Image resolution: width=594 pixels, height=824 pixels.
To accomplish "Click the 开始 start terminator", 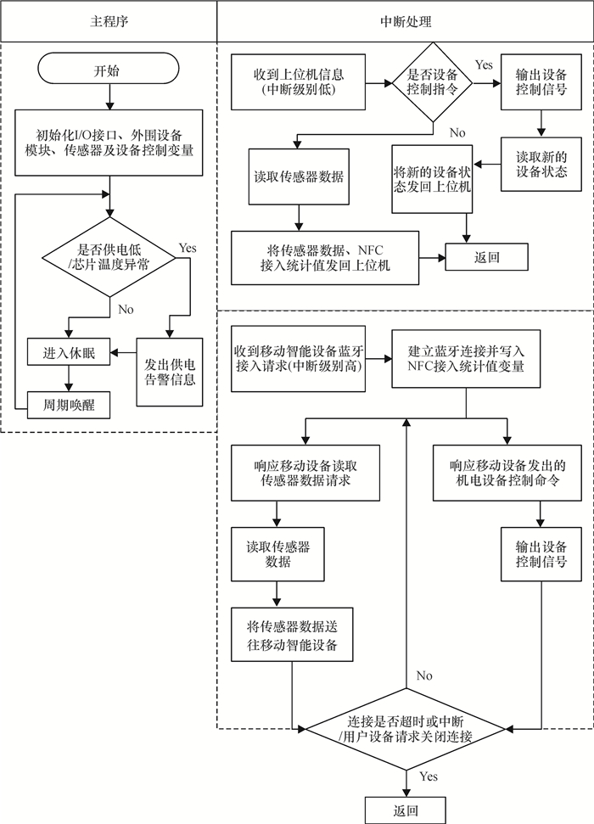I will [x=108, y=70].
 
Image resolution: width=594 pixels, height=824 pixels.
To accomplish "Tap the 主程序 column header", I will [x=108, y=20].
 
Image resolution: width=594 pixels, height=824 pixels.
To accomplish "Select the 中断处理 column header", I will [x=405, y=20].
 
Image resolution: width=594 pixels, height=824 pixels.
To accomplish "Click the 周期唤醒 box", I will [x=68, y=406].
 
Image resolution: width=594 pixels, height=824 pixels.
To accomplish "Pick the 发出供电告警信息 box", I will [x=170, y=370].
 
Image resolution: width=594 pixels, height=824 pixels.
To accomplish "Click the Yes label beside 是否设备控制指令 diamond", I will [x=483, y=65].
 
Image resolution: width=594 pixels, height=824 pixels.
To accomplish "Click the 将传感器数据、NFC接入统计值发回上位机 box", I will [x=326, y=257].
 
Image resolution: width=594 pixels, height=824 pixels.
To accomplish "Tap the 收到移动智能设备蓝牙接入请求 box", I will [x=298, y=361].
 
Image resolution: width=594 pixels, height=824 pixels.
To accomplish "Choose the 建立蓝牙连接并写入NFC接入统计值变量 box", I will [x=465, y=360].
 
